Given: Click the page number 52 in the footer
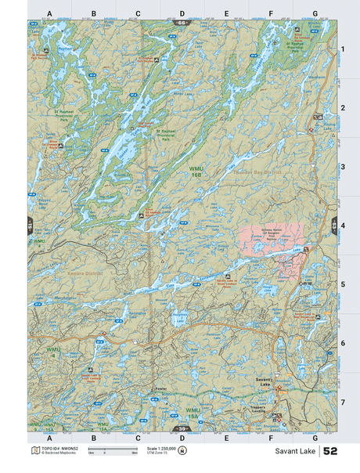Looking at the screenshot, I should click(330, 452).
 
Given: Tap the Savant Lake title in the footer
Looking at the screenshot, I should click(295, 452).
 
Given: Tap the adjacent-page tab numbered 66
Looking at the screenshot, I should click(182, 23).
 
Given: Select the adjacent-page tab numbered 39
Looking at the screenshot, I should click(182, 429).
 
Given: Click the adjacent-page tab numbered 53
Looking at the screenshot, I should click(334, 225).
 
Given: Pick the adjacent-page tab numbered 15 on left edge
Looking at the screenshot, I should click(30, 225).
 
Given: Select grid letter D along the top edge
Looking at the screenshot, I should click(182, 13).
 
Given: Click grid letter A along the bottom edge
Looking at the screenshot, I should click(49, 438).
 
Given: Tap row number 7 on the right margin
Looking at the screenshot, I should click(342, 402).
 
